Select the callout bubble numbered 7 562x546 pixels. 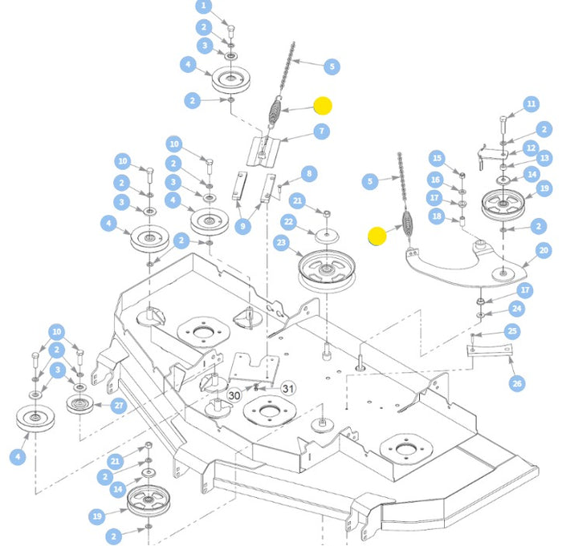[320, 131]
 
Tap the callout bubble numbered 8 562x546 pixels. [309, 174]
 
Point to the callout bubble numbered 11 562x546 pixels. [531, 104]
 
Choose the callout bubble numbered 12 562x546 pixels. [531, 148]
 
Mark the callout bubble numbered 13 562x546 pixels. [544, 158]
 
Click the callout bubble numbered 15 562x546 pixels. [436, 158]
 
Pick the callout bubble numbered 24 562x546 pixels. [517, 308]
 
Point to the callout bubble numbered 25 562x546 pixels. [512, 331]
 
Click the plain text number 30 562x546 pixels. [234, 395]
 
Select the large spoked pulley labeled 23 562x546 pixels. [326, 270]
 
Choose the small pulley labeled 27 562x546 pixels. [81, 403]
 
